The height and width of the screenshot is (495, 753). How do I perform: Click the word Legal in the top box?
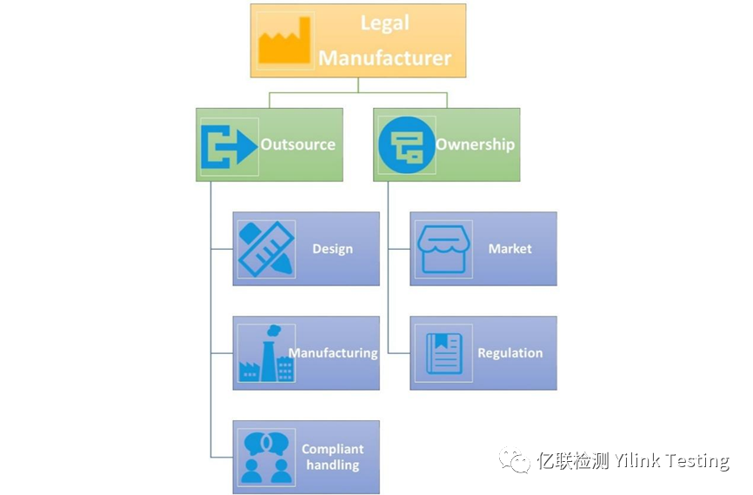(384, 23)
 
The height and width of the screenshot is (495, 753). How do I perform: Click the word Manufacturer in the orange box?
(384, 58)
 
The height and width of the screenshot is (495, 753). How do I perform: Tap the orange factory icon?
(284, 41)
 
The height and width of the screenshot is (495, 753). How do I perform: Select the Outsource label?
(298, 144)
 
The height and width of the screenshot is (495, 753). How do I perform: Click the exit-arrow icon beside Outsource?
(229, 145)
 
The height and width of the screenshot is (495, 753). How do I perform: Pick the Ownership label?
(475, 144)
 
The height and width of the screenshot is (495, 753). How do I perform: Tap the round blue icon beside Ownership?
(406, 145)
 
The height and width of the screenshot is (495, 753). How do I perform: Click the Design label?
(332, 249)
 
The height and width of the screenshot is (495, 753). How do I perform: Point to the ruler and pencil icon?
(265, 250)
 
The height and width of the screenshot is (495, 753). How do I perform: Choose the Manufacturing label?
(333, 353)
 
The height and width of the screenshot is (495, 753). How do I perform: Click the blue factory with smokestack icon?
(265, 354)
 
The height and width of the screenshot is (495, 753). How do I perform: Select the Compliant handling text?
(333, 457)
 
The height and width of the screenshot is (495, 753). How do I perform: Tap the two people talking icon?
(265, 458)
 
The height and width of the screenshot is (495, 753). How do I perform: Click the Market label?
(510, 249)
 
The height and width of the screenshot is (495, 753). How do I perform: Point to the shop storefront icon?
(443, 250)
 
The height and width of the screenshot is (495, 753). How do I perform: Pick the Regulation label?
(510, 353)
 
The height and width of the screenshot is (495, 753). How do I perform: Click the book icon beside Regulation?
(443, 354)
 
